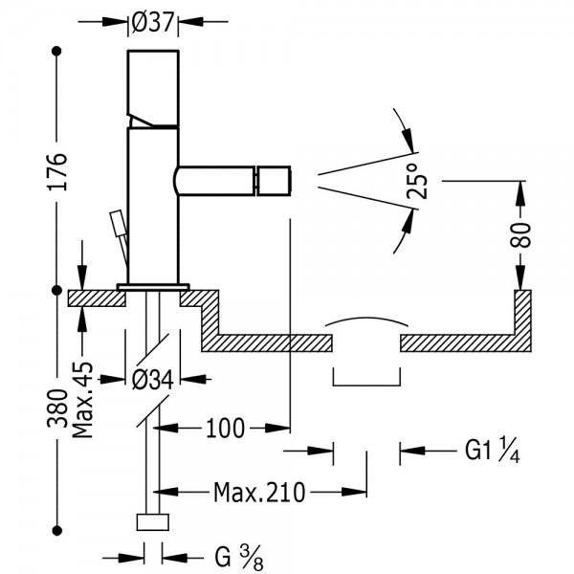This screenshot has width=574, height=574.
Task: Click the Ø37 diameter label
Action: coord(152,22)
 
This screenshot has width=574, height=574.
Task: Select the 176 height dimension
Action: coord(57,171)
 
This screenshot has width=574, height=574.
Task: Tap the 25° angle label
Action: coord(417,181)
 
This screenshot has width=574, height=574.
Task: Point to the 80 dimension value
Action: coord(520,235)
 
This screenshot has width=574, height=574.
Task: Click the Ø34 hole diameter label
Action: coord(152,380)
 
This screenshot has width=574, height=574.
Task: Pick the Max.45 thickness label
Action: coord(82,400)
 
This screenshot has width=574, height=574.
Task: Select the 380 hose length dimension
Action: coord(57,408)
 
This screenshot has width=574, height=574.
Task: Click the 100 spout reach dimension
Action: coord(225,428)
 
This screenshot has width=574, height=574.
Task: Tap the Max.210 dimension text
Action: coord(259,493)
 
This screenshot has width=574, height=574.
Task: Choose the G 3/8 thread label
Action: coord(239,557)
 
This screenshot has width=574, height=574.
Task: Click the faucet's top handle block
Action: coord(153,88)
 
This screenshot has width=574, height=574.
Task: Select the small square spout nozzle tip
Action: coord(274,181)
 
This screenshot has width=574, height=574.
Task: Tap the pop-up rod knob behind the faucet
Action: coord(119,223)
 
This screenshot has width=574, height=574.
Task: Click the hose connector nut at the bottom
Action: coord(153,522)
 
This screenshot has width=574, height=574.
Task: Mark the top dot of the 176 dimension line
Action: coord(56,51)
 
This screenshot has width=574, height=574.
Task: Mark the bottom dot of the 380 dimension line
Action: coord(56,530)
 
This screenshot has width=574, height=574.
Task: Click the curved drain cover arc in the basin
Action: coord(366,320)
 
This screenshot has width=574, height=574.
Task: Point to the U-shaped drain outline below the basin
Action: coord(366,385)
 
